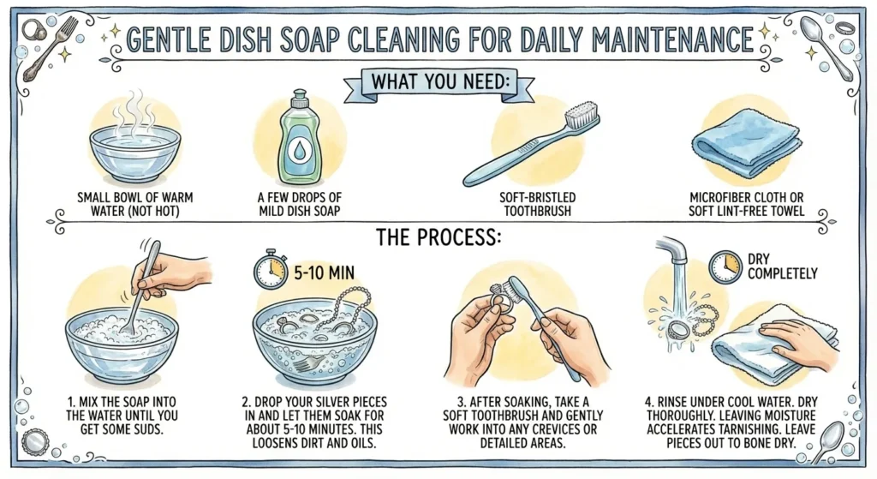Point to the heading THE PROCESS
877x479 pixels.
point(438,237)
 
